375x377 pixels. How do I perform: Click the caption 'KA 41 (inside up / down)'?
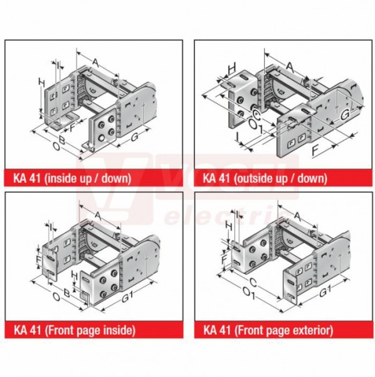point(72,178)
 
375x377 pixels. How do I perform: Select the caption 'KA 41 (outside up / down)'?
point(265,178)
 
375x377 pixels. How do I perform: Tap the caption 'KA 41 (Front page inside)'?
point(75,330)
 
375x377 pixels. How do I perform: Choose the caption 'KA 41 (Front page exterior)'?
point(268,330)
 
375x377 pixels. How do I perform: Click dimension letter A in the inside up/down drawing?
point(96,63)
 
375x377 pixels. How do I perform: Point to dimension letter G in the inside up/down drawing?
point(135,136)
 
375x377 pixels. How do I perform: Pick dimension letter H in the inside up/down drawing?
point(42,83)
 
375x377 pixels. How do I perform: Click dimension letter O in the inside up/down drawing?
point(56,146)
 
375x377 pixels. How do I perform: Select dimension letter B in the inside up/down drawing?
point(62,140)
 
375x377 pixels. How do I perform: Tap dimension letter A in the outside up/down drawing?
point(290,68)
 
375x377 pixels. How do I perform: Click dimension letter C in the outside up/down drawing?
point(256,116)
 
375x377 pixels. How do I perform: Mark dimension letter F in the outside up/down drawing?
point(315,151)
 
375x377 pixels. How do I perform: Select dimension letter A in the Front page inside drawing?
point(98,216)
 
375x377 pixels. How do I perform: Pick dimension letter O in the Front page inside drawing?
point(56,297)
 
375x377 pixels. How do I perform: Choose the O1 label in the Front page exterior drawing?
point(250,293)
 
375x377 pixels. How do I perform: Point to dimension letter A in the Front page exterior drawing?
point(297,216)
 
